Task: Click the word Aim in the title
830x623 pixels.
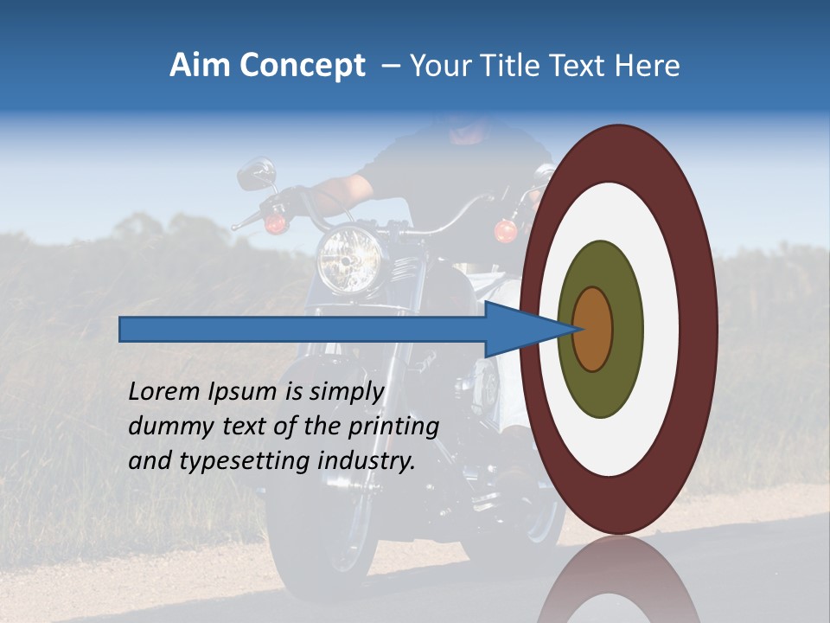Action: [200, 66]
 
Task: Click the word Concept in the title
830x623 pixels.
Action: [302, 66]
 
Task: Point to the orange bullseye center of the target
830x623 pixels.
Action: [593, 329]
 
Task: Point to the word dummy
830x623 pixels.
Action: [169, 427]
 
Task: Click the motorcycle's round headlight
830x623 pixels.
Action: [348, 258]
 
